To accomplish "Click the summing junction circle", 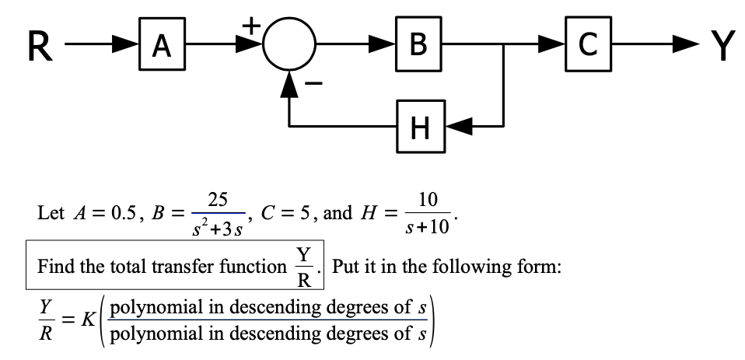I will [x=289, y=47].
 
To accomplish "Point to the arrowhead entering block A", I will [x=128, y=47].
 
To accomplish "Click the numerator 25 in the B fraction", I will [x=219, y=199].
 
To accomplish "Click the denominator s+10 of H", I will [x=427, y=228].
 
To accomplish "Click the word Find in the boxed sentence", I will [x=57, y=267].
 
